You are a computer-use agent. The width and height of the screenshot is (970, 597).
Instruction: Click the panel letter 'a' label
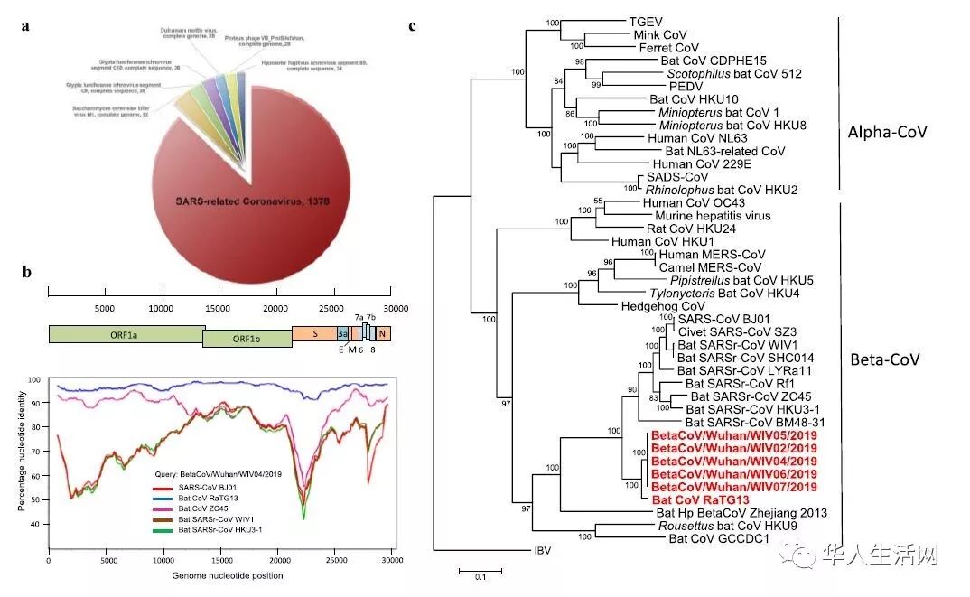pyautogui.click(x=26, y=25)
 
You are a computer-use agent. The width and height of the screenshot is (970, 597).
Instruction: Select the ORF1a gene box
pyautogui.click(x=126, y=334)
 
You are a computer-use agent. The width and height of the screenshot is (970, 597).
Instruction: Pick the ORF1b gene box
pyautogui.click(x=247, y=339)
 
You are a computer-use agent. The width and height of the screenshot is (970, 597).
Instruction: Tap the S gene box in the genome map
pyautogui.click(x=313, y=334)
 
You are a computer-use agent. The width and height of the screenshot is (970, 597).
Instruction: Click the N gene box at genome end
pyautogui.click(x=384, y=334)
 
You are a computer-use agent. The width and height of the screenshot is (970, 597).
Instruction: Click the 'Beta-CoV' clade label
pyautogui.click(x=885, y=359)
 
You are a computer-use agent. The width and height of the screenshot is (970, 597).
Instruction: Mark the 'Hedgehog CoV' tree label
pyautogui.click(x=660, y=306)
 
